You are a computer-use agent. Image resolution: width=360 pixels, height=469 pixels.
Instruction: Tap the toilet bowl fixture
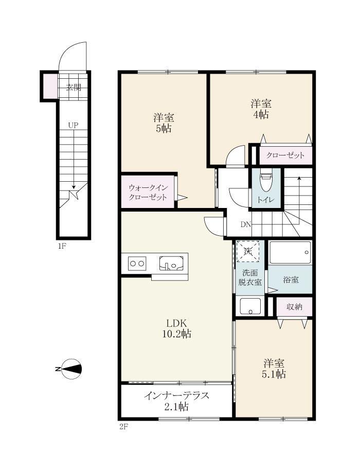[x=266, y=182]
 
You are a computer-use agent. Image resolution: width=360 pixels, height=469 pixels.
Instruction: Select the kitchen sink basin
[x=171, y=264]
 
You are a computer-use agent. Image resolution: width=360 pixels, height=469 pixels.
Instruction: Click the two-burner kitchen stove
[x=137, y=264]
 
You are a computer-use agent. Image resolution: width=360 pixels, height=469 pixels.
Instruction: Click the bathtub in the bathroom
[x=290, y=253]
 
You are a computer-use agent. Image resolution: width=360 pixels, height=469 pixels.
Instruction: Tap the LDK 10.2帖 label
[x=176, y=328]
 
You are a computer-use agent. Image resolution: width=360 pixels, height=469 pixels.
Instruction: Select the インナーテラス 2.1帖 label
[x=176, y=401]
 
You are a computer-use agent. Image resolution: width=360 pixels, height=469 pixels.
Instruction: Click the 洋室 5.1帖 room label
[x=274, y=369]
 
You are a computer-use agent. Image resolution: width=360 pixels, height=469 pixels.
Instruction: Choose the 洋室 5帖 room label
[x=164, y=123]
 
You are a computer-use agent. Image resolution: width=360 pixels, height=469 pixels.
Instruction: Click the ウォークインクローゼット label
[x=148, y=193]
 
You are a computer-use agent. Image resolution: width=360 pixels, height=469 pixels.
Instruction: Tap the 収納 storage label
[x=294, y=307]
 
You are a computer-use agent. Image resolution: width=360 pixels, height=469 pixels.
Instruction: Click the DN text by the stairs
[x=246, y=224]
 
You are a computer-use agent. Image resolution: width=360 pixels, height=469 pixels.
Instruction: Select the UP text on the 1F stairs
[x=73, y=125]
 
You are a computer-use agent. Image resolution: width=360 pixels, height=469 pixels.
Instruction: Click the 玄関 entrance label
[x=74, y=88]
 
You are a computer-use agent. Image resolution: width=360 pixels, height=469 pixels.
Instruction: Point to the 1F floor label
[x=62, y=247]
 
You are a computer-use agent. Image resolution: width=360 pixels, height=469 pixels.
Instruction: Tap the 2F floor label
[x=123, y=427]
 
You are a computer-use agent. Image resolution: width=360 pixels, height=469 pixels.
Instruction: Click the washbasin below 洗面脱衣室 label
[x=250, y=306]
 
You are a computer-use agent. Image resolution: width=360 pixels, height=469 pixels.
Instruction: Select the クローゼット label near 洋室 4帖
[x=285, y=155]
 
